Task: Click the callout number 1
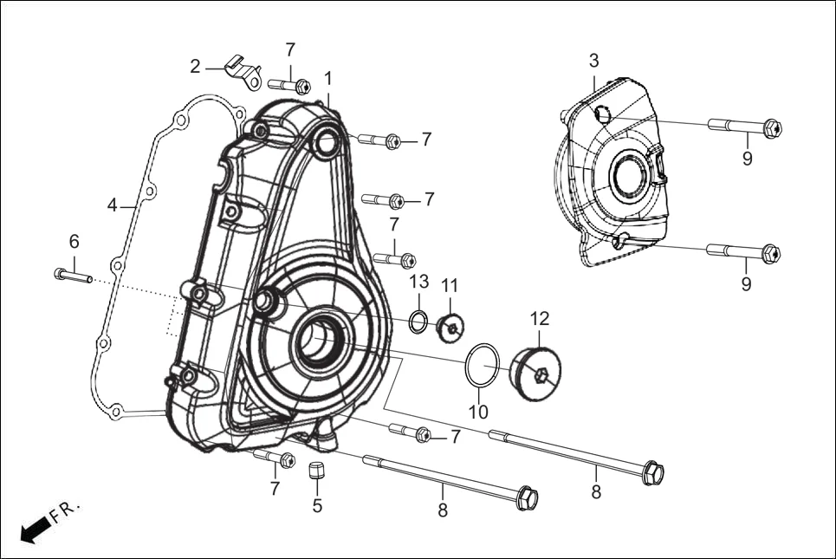(x=328, y=78)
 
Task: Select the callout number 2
(x=196, y=67)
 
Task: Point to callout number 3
(x=593, y=61)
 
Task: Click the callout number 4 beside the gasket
(x=113, y=205)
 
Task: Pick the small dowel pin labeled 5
(x=317, y=471)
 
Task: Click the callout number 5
(x=317, y=505)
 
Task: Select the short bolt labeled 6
(x=72, y=276)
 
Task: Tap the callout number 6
(x=75, y=241)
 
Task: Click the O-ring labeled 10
(x=483, y=365)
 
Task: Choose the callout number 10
(x=478, y=412)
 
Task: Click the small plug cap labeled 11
(x=450, y=327)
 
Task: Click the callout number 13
(x=419, y=282)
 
